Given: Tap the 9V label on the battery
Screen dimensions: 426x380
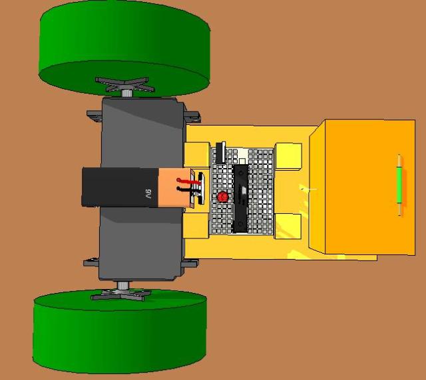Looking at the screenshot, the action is pyautogui.click(x=148, y=194).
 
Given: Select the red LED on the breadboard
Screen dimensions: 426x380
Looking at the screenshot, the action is pyautogui.click(x=222, y=197).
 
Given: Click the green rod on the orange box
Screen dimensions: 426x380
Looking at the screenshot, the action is pyautogui.click(x=399, y=185).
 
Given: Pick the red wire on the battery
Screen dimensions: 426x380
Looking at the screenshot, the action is pyautogui.click(x=187, y=181).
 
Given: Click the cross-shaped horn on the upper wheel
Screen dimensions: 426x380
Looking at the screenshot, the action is pyautogui.click(x=124, y=84).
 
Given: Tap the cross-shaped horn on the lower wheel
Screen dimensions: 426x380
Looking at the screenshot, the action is pyautogui.click(x=121, y=294).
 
